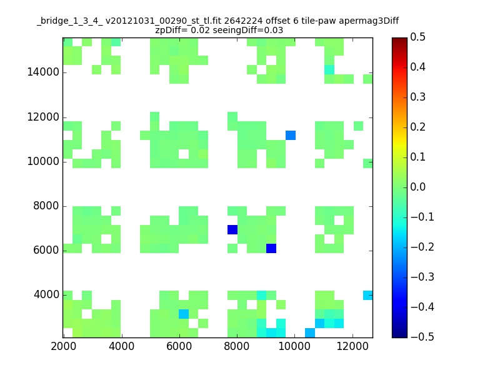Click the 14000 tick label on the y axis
coord(43,72)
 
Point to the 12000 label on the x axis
coord(352,346)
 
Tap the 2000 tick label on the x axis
coord(64,346)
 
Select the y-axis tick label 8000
coord(46,206)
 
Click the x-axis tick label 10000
coord(294,346)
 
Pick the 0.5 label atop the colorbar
coord(417,37)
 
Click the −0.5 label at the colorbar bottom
coord(422,337)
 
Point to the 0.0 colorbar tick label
coord(417,187)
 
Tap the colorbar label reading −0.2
coord(422,247)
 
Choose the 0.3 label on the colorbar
coord(417,97)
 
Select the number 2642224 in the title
coord(243,21)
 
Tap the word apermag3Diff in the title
coord(369,22)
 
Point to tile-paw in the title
coord(318,22)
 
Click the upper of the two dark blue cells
coord(232,229)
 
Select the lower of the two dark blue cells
coord(271,248)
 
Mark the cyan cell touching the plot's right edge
coord(368,295)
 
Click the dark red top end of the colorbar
coord(399,40)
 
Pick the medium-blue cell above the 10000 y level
coord(291,135)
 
